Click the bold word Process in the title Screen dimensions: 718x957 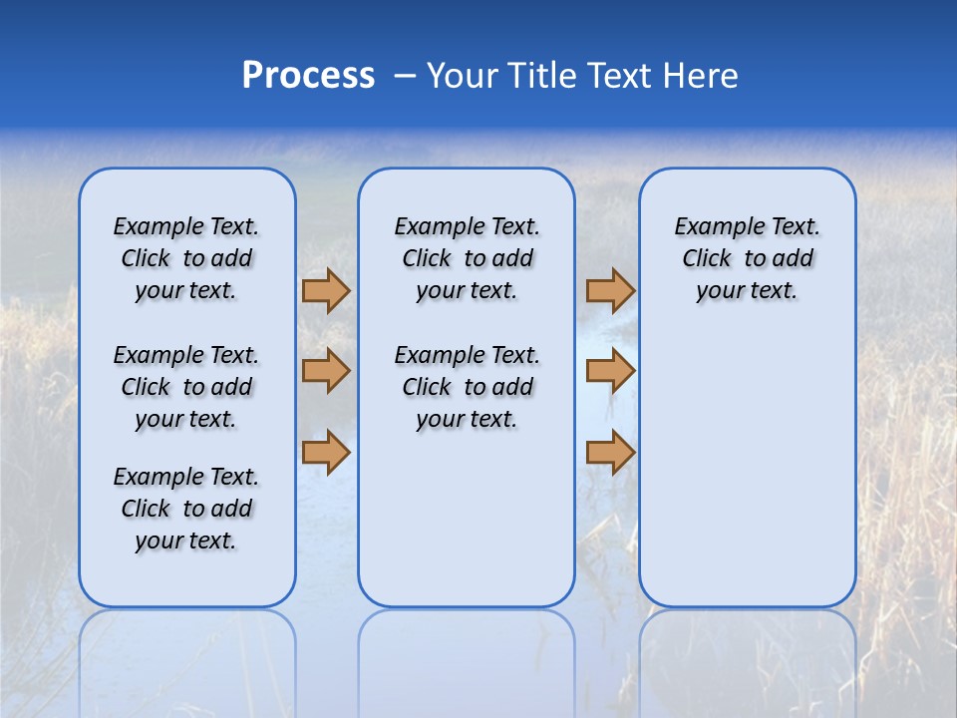pyautogui.click(x=308, y=76)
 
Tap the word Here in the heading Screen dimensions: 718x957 pyautogui.click(x=702, y=76)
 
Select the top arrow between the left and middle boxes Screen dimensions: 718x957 pyautogui.click(x=326, y=291)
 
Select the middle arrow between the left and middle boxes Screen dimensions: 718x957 pyautogui.click(x=326, y=371)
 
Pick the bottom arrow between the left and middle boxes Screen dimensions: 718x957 pyautogui.click(x=326, y=452)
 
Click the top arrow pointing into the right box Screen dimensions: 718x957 pyautogui.click(x=610, y=291)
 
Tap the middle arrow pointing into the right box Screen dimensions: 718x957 pyautogui.click(x=610, y=371)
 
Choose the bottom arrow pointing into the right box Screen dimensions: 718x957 pyautogui.click(x=610, y=452)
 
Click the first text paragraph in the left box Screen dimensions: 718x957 pyautogui.click(x=186, y=258)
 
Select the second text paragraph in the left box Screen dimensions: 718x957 pyautogui.click(x=186, y=387)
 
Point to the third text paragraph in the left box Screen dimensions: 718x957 pyautogui.click(x=186, y=509)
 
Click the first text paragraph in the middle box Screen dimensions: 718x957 pyautogui.click(x=467, y=258)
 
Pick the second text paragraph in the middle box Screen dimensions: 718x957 pyautogui.click(x=467, y=387)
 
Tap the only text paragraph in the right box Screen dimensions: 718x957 pyautogui.click(x=748, y=258)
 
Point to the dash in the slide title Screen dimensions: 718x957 pyautogui.click(x=405, y=77)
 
